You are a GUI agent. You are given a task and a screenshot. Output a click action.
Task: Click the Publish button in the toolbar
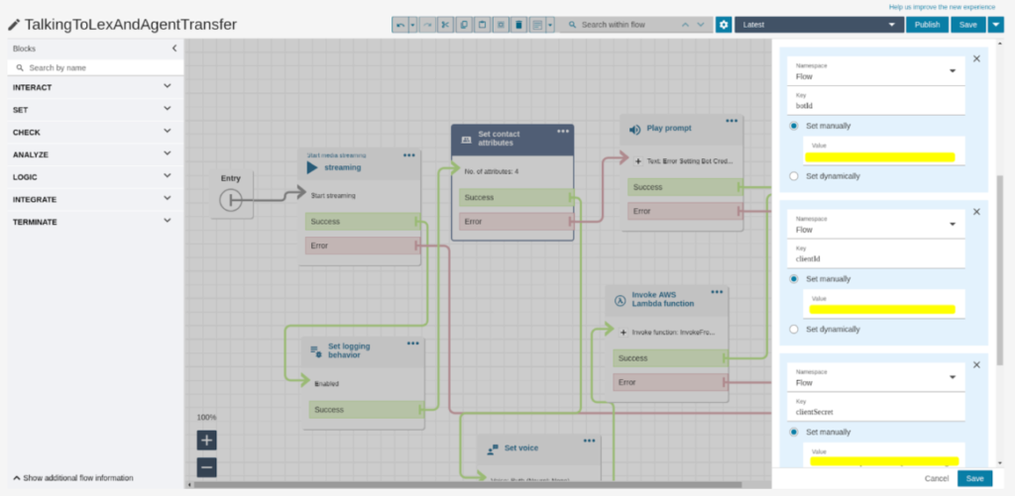[927, 25]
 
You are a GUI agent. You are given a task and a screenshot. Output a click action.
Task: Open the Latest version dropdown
[818, 25]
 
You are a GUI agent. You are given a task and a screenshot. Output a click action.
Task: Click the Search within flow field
[624, 25]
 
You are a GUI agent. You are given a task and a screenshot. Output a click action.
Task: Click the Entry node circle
[230, 200]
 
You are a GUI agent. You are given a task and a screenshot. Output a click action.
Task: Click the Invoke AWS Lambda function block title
[663, 298]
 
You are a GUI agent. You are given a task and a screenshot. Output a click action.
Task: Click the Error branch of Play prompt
[684, 211]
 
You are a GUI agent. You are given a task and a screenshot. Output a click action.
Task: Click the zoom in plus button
[206, 441]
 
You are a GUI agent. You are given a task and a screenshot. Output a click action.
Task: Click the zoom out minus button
[206, 466]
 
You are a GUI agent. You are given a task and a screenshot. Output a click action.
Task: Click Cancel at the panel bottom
[937, 479]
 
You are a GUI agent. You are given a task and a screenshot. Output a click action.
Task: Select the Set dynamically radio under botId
[795, 176]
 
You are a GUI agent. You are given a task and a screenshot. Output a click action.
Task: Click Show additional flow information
[74, 478]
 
